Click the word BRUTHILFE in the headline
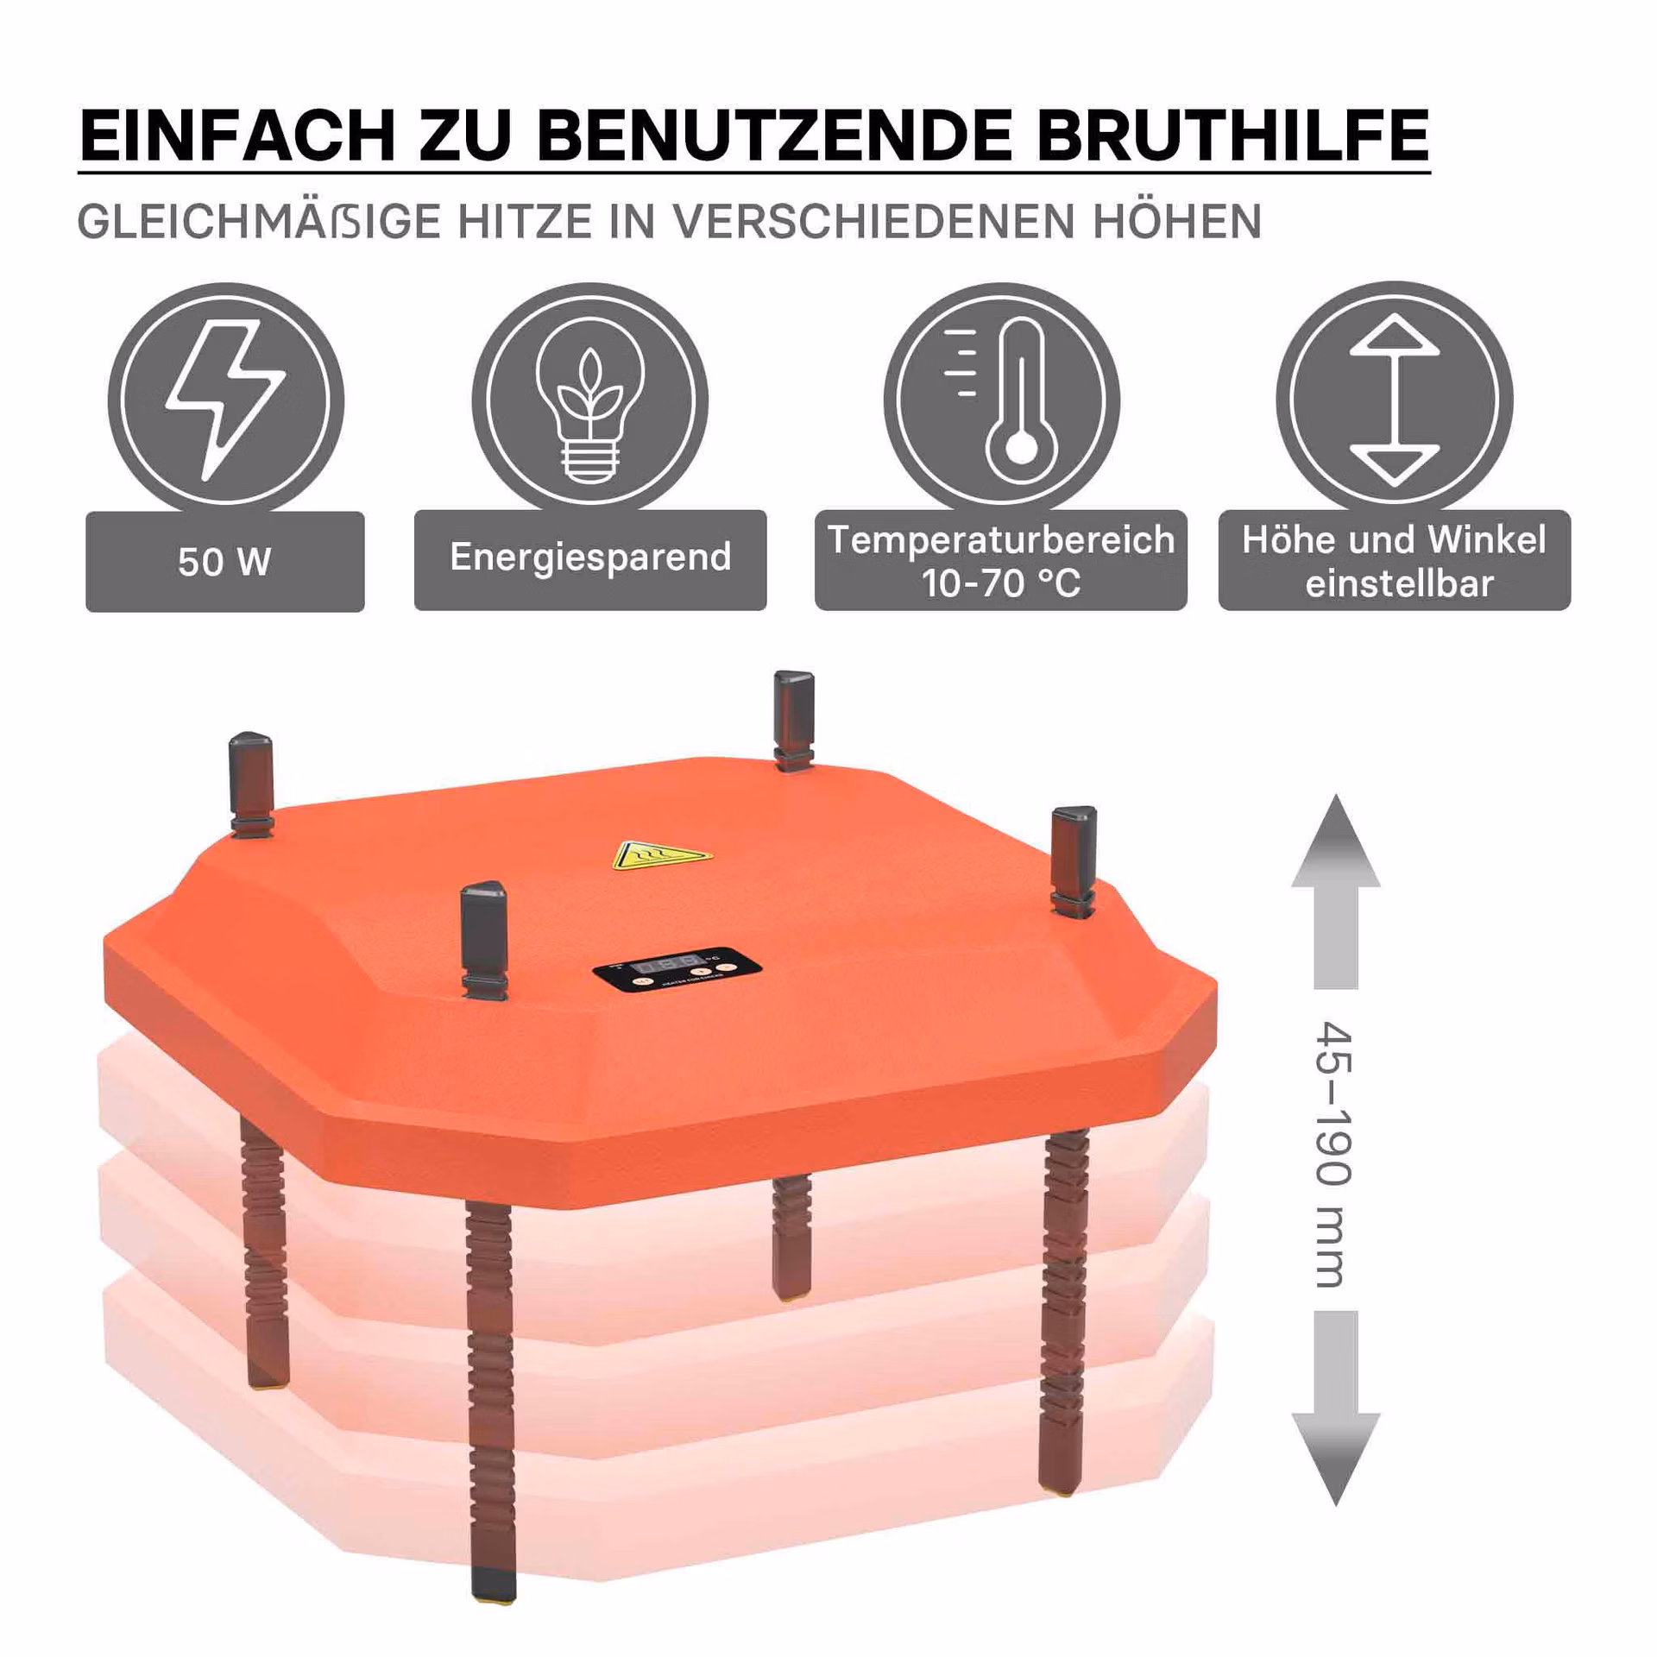coord(1232,135)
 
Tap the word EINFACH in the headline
coord(237,135)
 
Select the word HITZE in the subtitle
coord(526,222)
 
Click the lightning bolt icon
coord(225,399)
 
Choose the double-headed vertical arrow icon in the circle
coord(1395,400)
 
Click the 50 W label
coord(225,562)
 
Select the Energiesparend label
coord(590,559)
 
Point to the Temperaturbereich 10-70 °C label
coord(1001,560)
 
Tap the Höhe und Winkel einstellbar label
coord(1395,560)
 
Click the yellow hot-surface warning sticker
coord(661,854)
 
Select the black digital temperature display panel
coord(678,972)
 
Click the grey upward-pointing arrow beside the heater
coord(1335,892)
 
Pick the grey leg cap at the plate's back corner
coord(793,720)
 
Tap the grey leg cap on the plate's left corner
coord(251,784)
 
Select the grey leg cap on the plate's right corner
coord(1073,859)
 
